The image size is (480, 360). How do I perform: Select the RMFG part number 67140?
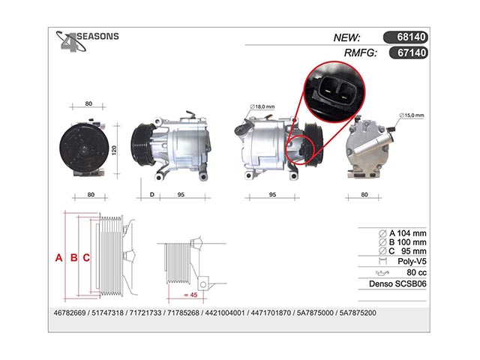(x=412, y=52)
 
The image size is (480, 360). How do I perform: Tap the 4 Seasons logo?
(x=87, y=41)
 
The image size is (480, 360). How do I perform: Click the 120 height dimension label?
(x=114, y=150)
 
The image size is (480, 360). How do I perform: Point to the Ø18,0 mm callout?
(x=262, y=106)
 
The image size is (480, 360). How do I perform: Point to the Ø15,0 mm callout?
(x=412, y=115)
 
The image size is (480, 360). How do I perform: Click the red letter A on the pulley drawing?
(x=58, y=258)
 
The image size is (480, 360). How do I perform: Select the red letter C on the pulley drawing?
(x=86, y=258)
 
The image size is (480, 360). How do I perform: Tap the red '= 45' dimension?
(x=190, y=295)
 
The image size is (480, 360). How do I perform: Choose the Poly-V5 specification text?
(x=412, y=262)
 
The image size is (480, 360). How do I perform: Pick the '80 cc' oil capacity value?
(x=416, y=272)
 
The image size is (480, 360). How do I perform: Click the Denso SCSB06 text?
(x=397, y=283)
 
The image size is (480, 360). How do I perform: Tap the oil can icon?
(x=382, y=272)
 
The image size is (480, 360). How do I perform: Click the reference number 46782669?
(x=70, y=313)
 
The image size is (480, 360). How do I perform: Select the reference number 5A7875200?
(x=358, y=313)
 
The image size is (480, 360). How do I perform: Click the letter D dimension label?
(x=152, y=195)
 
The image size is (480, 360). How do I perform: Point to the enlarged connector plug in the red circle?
(x=334, y=91)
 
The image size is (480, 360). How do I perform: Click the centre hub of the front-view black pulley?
(x=83, y=150)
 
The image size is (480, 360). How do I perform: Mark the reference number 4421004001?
(x=225, y=313)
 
